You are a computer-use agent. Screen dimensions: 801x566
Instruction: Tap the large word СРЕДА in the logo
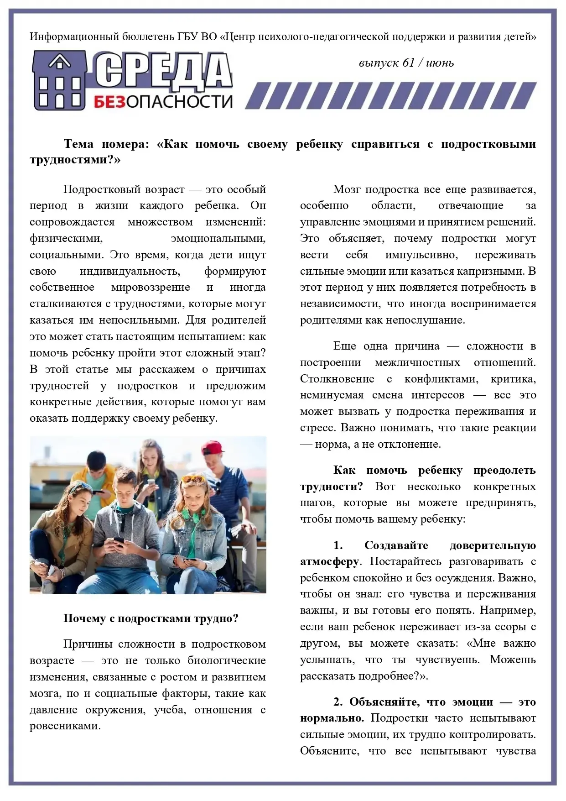[163, 71]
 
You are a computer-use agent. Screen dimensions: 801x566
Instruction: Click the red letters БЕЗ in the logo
[109, 101]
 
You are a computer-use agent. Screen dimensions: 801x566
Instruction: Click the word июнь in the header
[440, 63]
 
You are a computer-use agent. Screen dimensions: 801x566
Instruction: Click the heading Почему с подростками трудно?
[151, 618]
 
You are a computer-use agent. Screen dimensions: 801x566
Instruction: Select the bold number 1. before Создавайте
[338, 545]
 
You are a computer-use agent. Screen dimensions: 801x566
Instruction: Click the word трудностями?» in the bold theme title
[75, 160]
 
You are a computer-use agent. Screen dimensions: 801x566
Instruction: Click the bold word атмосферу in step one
[330, 561]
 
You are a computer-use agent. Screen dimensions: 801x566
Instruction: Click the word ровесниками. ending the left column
[65, 726]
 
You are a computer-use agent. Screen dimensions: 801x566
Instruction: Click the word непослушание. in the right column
[426, 320]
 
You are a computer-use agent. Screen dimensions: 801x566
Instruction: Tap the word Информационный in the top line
[74, 37]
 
